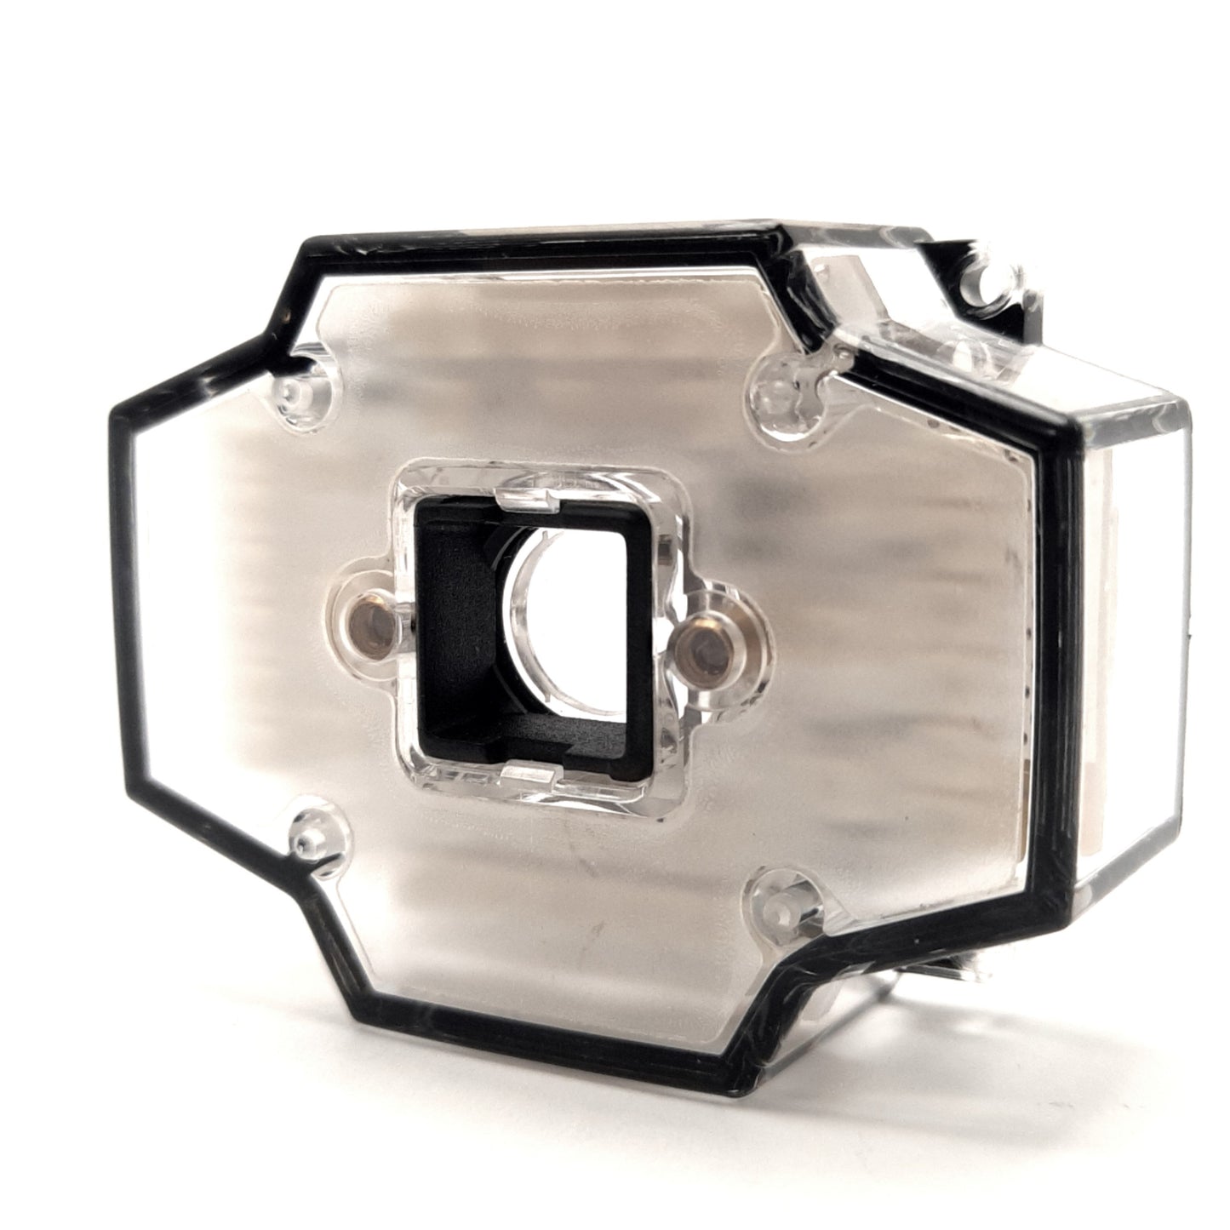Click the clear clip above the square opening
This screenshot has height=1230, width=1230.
point(525,500)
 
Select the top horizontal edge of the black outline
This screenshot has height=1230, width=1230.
point(545,237)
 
